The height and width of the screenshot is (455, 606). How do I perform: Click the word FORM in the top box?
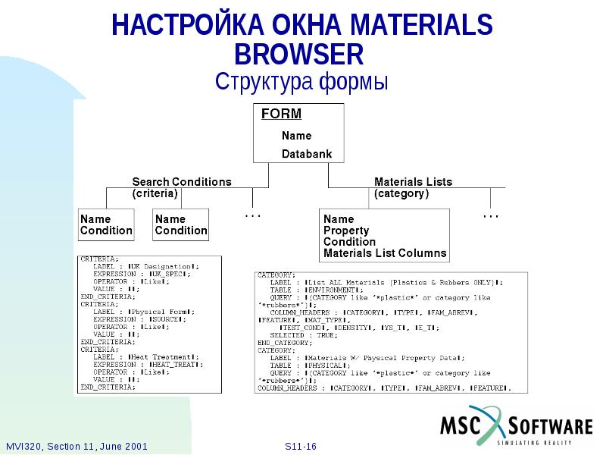(x=281, y=114)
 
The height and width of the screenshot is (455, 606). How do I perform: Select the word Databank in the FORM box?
(x=307, y=154)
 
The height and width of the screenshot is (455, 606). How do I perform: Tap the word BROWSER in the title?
(x=298, y=55)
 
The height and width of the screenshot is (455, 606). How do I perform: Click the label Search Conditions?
(x=182, y=182)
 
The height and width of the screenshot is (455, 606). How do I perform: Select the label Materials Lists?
(x=413, y=182)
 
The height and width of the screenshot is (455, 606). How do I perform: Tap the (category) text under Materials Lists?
(x=401, y=193)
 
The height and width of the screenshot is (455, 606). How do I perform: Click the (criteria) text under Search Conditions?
(x=155, y=193)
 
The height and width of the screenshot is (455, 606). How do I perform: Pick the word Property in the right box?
(x=345, y=231)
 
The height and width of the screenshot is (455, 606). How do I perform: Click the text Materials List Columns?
(x=385, y=253)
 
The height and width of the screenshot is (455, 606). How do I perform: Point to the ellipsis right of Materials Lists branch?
(x=491, y=216)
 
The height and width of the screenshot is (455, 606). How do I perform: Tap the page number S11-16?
(x=300, y=446)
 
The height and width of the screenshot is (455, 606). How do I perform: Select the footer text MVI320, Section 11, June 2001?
(x=76, y=446)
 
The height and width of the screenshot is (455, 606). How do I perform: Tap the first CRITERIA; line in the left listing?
(x=99, y=259)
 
